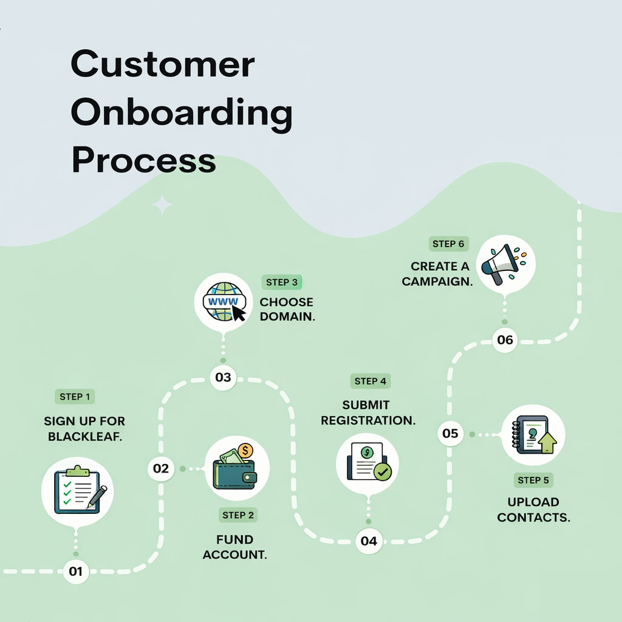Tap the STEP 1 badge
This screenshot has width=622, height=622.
pos(75,397)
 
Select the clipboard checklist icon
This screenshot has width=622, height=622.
pos(77,490)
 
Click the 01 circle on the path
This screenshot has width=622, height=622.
pos(75,571)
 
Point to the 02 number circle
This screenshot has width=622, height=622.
pos(161,468)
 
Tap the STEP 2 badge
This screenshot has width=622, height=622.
pos(238,515)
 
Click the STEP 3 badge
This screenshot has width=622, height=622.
pos(282,282)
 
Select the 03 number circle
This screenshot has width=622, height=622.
pos(223,377)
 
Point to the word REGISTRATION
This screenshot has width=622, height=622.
pos(368,420)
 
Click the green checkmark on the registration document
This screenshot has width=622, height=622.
pos(383,471)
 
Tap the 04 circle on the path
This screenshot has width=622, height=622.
pos(369,541)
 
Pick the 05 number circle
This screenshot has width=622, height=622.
pos(450,433)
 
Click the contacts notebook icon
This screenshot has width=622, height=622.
pos(533,435)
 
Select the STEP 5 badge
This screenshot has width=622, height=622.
pos(533,480)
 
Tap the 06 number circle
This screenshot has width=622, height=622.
pos(505,340)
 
